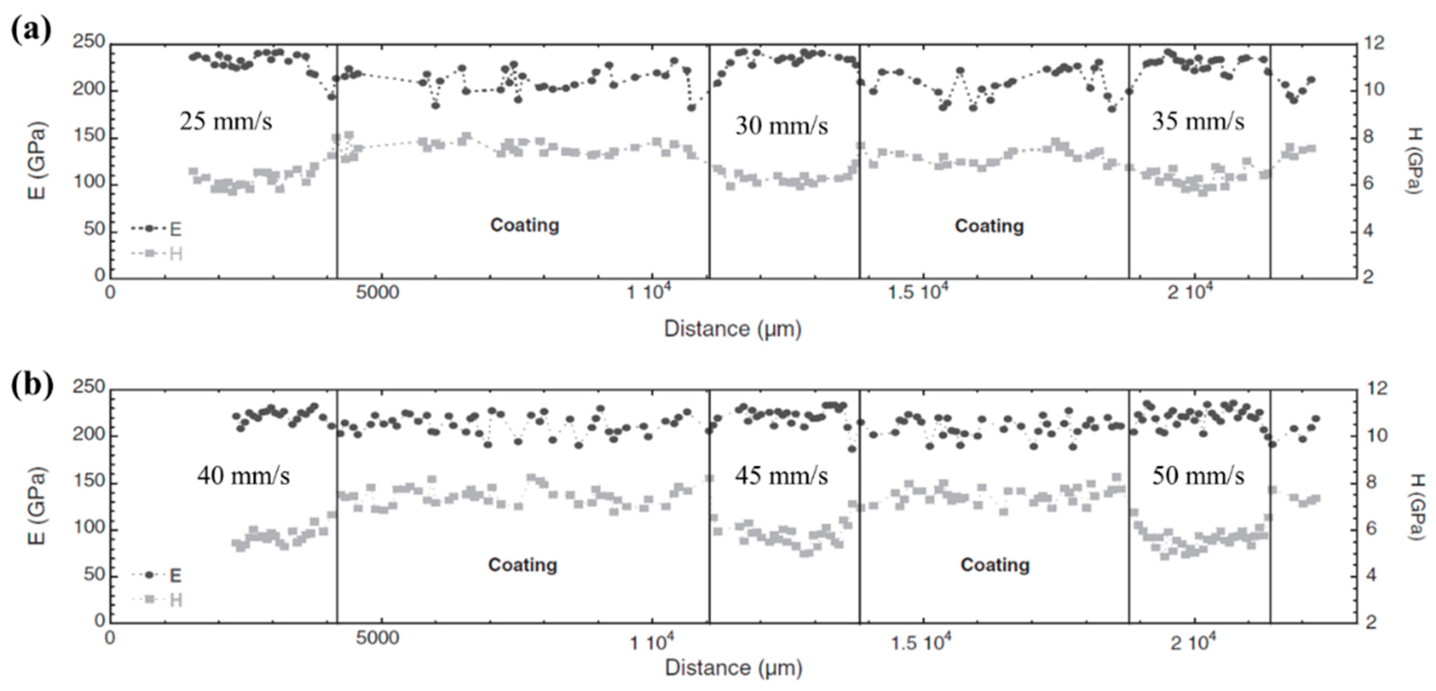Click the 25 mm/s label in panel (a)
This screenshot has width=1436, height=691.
(x=226, y=121)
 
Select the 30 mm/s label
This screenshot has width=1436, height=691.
(x=782, y=126)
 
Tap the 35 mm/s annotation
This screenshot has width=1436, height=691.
(x=1198, y=121)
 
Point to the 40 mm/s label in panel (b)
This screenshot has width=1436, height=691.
(x=243, y=476)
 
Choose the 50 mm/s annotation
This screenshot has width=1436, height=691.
(x=1198, y=476)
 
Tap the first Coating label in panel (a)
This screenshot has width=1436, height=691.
(x=524, y=225)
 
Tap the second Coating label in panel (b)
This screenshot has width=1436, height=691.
(x=995, y=565)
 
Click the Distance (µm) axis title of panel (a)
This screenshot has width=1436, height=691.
(x=732, y=329)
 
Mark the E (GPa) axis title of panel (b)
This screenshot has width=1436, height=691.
(x=37, y=504)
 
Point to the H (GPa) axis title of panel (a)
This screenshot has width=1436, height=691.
(x=1415, y=161)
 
